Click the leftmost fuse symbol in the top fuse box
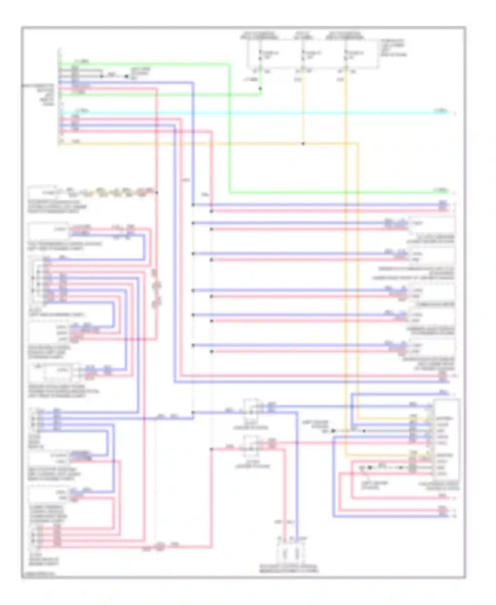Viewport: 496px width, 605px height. click(x=260, y=55)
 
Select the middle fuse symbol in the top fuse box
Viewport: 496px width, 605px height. click(x=303, y=55)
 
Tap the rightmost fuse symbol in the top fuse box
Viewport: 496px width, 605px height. click(x=346, y=55)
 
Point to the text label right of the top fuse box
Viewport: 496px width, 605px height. click(x=393, y=48)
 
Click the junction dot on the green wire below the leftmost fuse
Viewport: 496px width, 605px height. click(x=260, y=89)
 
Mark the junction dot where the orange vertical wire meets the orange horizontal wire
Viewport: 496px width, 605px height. click(x=303, y=144)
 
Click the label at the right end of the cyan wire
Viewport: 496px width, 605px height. click(x=441, y=111)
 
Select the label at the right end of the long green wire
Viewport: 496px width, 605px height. click(x=441, y=190)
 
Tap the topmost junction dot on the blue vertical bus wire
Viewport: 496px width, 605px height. click(x=193, y=205)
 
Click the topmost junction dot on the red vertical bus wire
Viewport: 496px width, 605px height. click(x=212, y=211)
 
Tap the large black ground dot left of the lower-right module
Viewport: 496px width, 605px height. click(x=333, y=431)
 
